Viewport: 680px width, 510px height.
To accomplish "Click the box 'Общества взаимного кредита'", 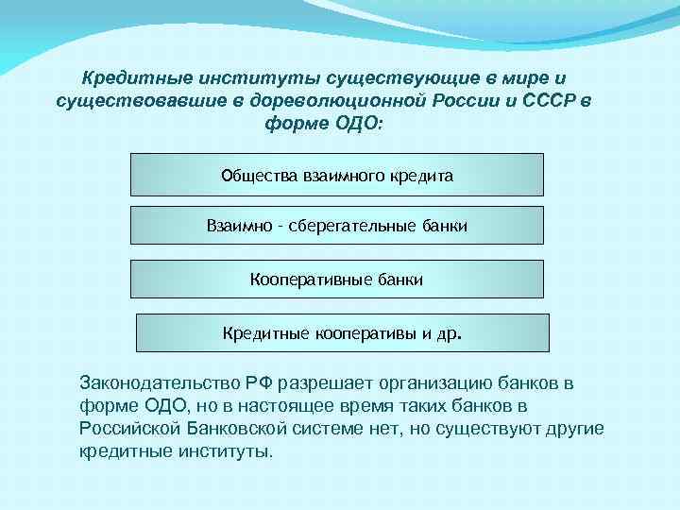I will click(336, 175).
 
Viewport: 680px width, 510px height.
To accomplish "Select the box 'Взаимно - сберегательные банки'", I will click(336, 226).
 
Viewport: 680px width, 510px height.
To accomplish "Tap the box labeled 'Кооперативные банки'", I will click(336, 280).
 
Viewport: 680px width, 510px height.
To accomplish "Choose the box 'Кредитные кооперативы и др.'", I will click(342, 333).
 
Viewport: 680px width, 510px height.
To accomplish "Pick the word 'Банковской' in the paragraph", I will click(239, 429).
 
